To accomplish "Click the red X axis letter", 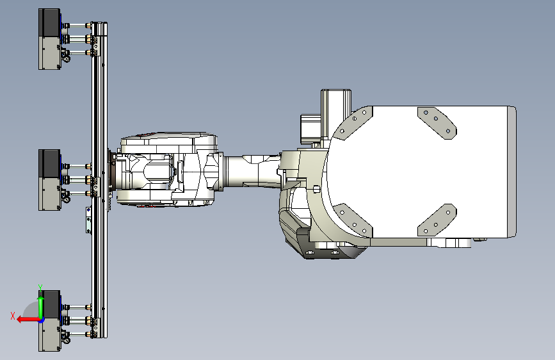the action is pyautogui.click(x=13, y=316).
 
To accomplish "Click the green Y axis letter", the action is pyautogui.click(x=40, y=288).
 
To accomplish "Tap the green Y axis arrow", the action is pyautogui.click(x=41, y=308).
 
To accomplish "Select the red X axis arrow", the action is pyautogui.click(x=29, y=320).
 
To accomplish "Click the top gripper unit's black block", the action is pyautogui.click(x=49, y=22).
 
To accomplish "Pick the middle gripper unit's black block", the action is pyautogui.click(x=49, y=163).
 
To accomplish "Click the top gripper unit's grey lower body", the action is pyautogui.click(x=49, y=53).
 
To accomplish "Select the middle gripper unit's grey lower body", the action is pyautogui.click(x=49, y=194).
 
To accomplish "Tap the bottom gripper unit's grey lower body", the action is pyautogui.click(x=49, y=335).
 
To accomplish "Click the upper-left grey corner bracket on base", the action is pyautogui.click(x=355, y=122).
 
